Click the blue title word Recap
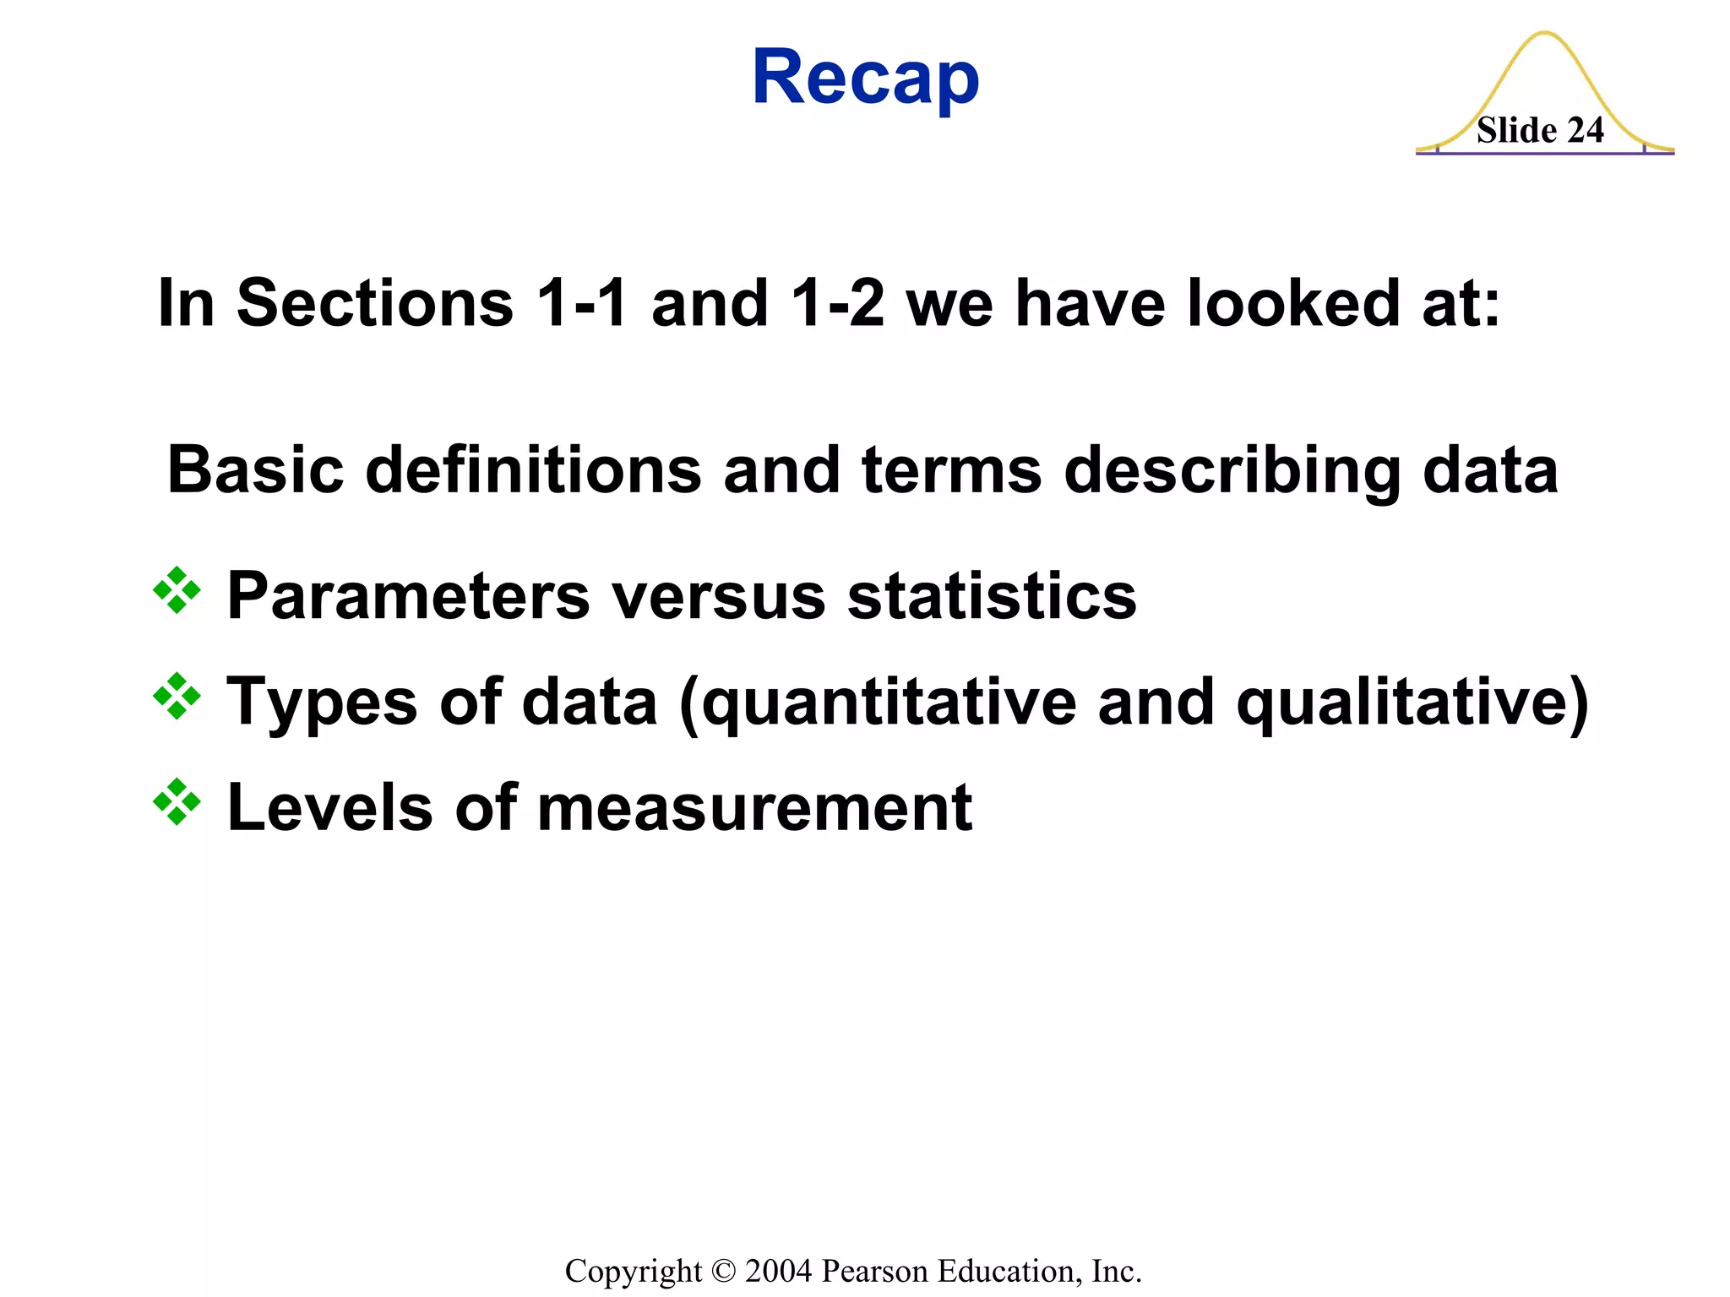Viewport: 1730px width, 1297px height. point(865,78)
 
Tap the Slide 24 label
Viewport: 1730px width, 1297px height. point(1540,131)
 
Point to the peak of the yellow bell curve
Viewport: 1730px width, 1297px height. point(1544,34)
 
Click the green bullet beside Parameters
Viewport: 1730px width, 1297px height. point(177,590)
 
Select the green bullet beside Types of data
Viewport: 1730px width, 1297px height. point(177,696)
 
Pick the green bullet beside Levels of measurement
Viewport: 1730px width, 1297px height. point(177,801)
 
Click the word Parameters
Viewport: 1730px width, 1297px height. point(408,596)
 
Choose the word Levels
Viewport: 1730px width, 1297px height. point(330,808)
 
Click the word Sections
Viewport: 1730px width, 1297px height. point(375,303)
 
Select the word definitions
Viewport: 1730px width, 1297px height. point(533,470)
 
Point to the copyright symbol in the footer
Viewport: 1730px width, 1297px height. point(724,1271)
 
